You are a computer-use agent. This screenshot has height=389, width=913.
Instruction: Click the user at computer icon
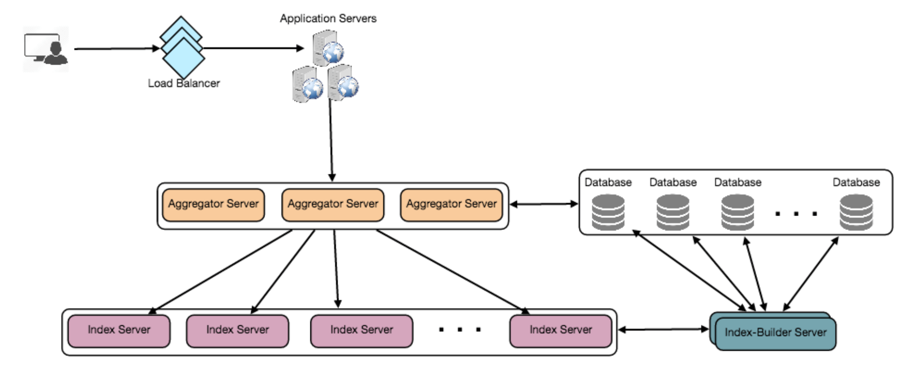[46, 49]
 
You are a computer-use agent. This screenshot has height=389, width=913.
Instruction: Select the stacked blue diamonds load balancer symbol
[182, 47]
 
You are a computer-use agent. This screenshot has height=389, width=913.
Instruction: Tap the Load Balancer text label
[184, 84]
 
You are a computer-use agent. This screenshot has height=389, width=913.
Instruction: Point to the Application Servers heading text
[328, 18]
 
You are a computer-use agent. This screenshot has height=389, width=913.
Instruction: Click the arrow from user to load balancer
[117, 49]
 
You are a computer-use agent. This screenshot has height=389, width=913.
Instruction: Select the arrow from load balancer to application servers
[253, 48]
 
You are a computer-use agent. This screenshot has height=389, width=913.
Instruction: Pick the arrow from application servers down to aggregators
[331, 139]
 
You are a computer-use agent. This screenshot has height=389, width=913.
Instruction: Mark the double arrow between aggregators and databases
[544, 204]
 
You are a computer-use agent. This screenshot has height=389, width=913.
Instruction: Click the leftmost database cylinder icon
[608, 212]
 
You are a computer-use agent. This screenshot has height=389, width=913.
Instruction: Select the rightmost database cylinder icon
[856, 212]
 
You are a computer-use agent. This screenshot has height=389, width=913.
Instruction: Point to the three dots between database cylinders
[796, 214]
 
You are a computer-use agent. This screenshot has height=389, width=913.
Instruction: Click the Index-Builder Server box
[775, 333]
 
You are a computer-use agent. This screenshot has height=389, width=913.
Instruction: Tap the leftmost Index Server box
[119, 331]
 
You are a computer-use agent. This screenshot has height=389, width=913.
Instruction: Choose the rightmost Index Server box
[561, 331]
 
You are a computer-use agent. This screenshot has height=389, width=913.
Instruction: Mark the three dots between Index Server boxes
[460, 330]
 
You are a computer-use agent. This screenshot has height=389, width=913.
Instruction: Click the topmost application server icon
[328, 48]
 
